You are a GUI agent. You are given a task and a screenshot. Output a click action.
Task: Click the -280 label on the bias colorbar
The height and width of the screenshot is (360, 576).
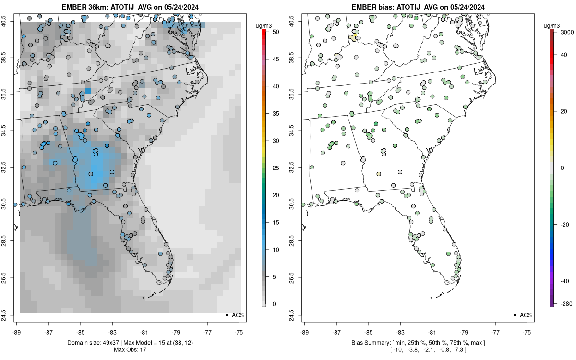[x=564, y=303]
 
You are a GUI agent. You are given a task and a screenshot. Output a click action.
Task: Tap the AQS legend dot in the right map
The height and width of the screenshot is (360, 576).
[x=515, y=315]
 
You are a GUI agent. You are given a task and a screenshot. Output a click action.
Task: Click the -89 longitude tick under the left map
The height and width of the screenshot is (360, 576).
[x=17, y=332]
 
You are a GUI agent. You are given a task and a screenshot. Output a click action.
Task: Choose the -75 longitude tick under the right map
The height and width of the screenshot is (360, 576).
[x=527, y=332]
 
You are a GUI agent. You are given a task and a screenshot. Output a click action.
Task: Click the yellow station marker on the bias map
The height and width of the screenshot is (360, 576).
[x=354, y=36]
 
